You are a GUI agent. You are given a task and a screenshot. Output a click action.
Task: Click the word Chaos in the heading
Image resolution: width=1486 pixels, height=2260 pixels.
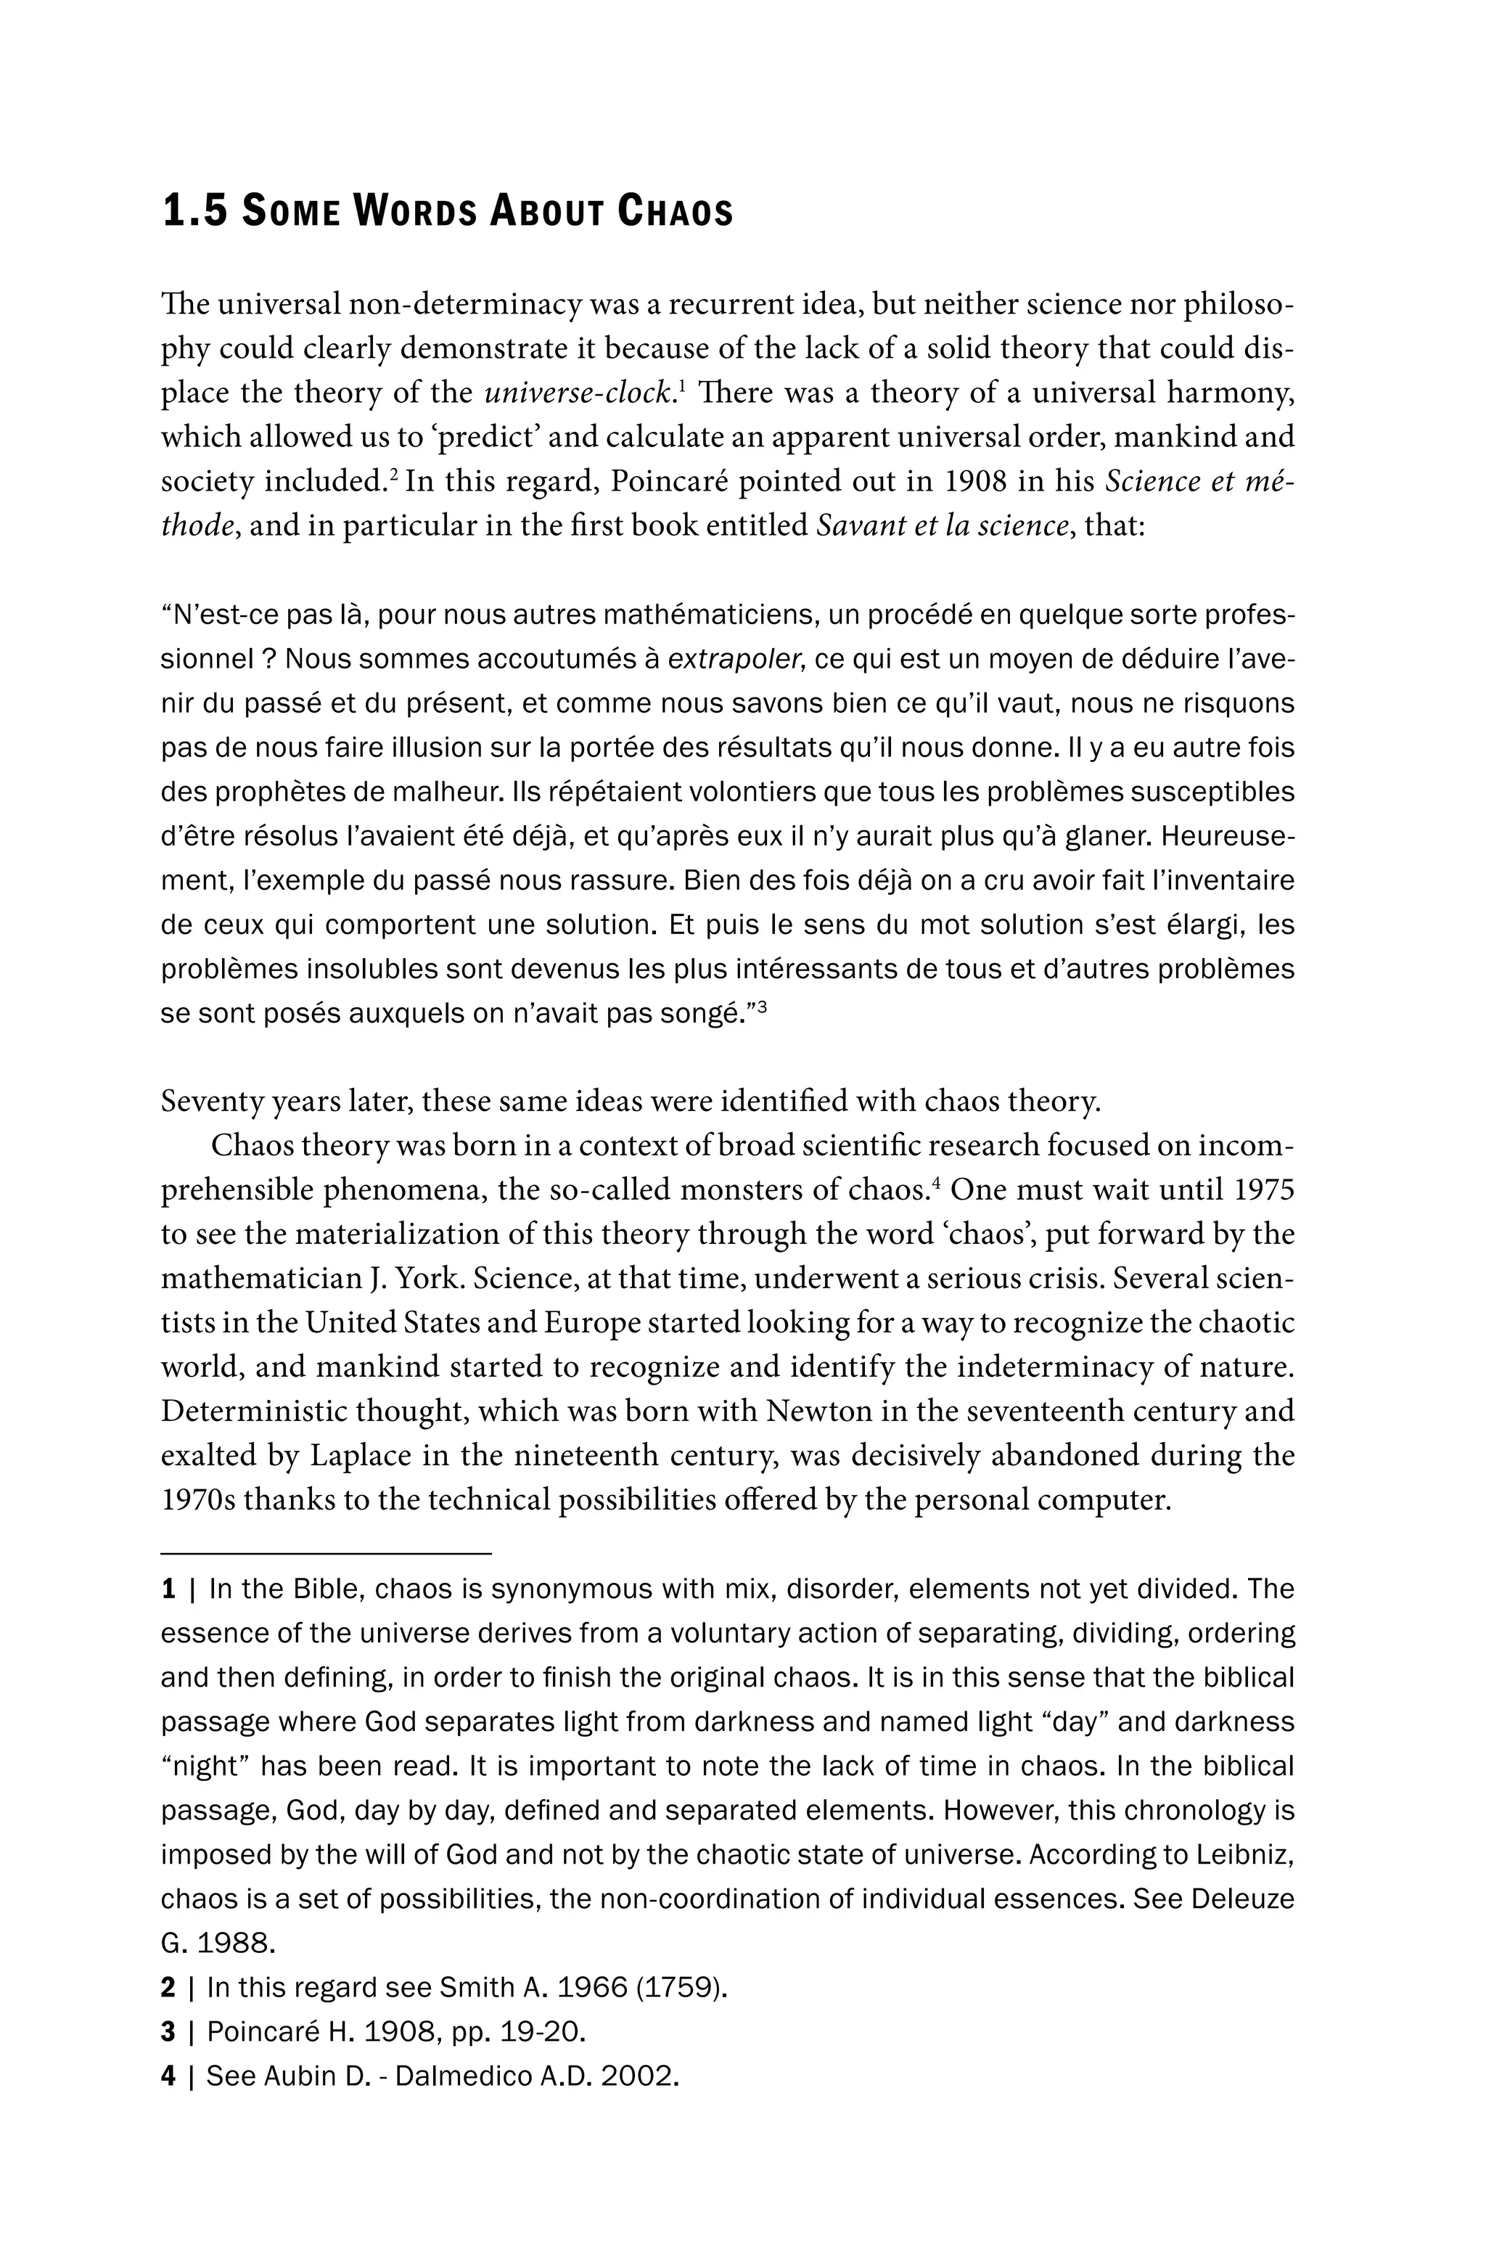(x=676, y=210)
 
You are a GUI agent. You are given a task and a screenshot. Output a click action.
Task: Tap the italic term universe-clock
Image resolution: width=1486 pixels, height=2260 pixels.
(x=579, y=393)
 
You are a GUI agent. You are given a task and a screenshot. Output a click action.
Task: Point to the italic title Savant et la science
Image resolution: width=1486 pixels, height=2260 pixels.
(x=942, y=525)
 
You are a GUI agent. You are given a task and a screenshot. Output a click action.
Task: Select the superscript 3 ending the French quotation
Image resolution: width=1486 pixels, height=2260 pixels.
(x=762, y=1009)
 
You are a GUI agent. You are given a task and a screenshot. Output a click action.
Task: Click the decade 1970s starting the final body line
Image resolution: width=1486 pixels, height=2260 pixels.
(x=197, y=1499)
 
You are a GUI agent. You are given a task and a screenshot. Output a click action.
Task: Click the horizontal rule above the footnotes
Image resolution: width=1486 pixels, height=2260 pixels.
(x=326, y=1554)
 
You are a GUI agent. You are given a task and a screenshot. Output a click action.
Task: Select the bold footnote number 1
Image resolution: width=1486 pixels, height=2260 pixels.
(x=169, y=1589)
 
